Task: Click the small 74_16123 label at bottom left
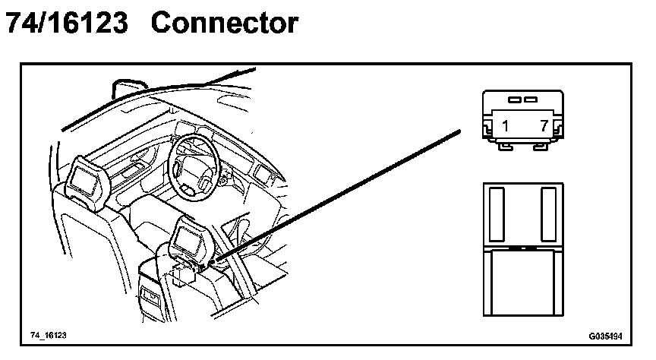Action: click(x=49, y=334)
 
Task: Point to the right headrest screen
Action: click(x=188, y=240)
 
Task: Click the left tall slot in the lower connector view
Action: click(x=497, y=215)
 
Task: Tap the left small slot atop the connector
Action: click(x=513, y=99)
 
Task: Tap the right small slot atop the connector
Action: click(x=531, y=99)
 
